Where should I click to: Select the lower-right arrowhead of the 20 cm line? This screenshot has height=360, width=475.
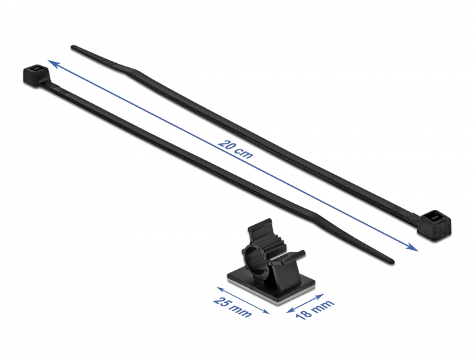coord(415,247)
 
